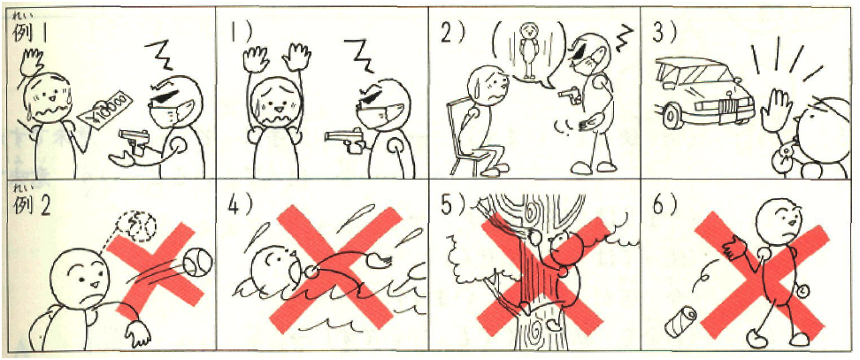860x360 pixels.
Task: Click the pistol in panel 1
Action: coord(346,137)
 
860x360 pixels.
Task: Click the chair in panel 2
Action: coord(464,136)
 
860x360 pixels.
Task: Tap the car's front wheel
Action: coord(672,114)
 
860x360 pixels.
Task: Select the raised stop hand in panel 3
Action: coord(774,111)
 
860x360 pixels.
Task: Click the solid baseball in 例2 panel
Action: coord(197,261)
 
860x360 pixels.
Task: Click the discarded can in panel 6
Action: coord(680,323)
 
